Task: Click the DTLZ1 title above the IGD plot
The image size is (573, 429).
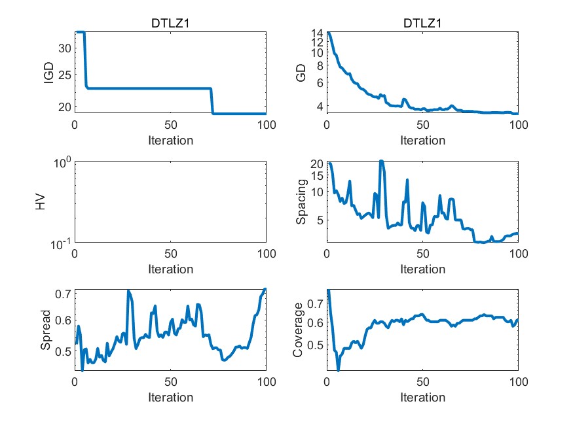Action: [x=170, y=24]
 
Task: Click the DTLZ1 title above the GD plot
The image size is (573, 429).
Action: [x=422, y=24]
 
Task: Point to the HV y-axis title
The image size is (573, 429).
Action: [x=41, y=202]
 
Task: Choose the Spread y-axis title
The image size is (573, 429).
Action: [x=46, y=331]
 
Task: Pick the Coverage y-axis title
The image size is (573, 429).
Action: [x=298, y=331]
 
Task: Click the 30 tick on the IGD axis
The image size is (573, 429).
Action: [x=64, y=48]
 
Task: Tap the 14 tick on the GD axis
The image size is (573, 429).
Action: [x=317, y=33]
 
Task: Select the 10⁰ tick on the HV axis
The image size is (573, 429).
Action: [x=62, y=163]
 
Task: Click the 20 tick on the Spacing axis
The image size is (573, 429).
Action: [x=317, y=164]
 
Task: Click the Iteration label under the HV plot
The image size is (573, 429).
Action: [x=170, y=269]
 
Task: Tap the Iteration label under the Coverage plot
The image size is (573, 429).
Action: [x=422, y=397]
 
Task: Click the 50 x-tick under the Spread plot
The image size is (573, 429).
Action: [x=170, y=383]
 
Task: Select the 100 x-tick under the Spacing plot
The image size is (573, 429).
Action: [x=518, y=254]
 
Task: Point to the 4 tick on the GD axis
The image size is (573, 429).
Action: [x=320, y=107]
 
